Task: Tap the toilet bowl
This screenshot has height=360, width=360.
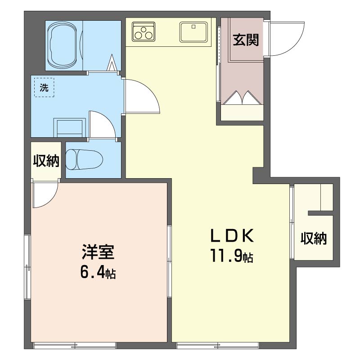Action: tap(84, 160)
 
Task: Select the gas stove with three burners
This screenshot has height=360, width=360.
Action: tap(144, 31)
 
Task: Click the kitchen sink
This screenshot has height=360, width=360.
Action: tap(193, 32)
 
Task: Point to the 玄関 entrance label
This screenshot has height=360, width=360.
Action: tap(246, 40)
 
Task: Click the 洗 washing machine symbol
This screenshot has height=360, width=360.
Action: tap(44, 87)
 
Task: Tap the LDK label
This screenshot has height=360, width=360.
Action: tap(232, 235)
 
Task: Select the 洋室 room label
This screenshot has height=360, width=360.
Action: tap(98, 252)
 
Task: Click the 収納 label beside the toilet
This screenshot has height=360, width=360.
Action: tap(46, 161)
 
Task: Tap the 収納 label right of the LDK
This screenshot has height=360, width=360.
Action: tap(314, 238)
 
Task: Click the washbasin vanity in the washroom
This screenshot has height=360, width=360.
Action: tap(70, 128)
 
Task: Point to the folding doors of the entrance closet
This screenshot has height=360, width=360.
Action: tap(242, 98)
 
